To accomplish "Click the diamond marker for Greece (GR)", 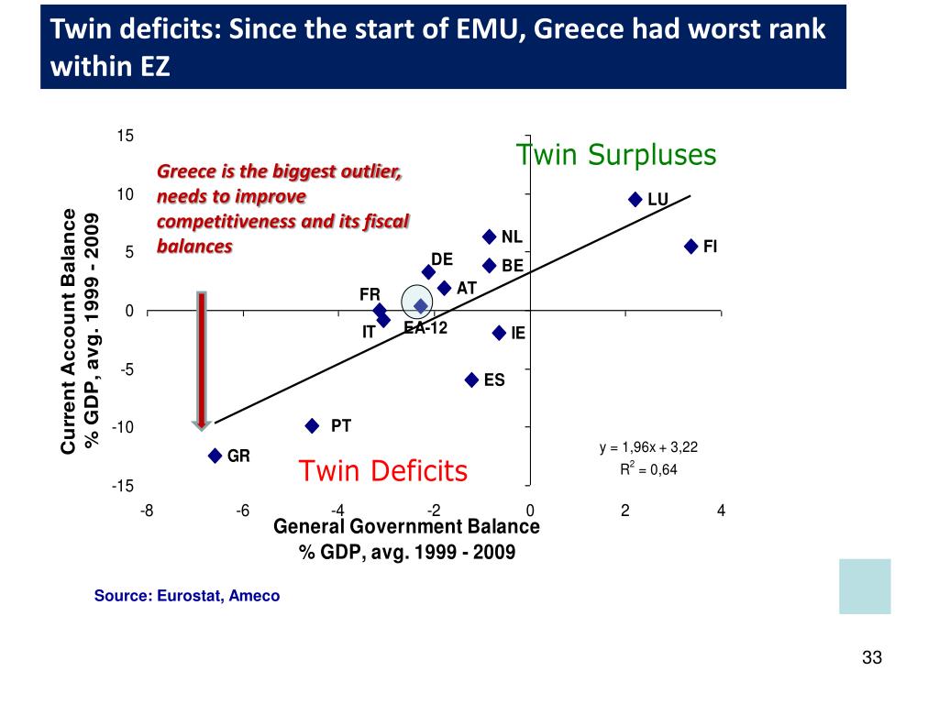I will click(215, 456).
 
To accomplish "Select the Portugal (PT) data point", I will click(313, 425).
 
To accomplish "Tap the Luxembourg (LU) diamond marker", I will click(635, 199).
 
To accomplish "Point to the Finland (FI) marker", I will click(690, 246).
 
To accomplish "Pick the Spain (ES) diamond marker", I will click(472, 379).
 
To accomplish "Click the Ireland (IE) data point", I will click(500, 333).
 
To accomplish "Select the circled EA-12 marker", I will click(421, 305).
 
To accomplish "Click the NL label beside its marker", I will click(512, 237).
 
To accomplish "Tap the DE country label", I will click(442, 259).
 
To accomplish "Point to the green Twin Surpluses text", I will click(615, 155).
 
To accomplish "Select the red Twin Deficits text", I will click(383, 471).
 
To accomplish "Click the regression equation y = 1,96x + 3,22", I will click(648, 447).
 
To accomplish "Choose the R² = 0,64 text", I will click(648, 470).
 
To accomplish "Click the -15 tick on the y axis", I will click(123, 486).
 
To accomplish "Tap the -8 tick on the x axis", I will click(147, 511).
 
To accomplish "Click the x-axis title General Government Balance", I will click(407, 527).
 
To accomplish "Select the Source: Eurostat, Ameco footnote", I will click(187, 596).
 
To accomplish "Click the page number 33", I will click(871, 658).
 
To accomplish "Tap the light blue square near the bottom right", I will click(865, 587).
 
